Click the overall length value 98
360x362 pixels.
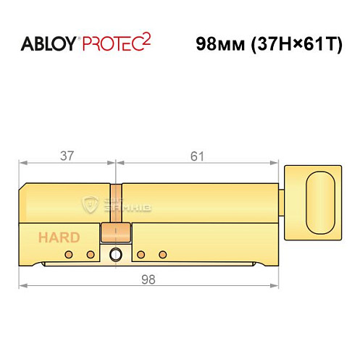pyautogui.click(x=148, y=278)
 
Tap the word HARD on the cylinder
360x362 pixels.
pyautogui.click(x=55, y=237)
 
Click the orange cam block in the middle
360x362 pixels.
pyautogui.click(x=116, y=232)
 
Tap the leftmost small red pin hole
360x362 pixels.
pyautogui.click(x=67, y=254)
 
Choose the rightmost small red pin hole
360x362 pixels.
pyautogui.click(x=163, y=254)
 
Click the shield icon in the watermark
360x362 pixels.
pyautogui.click(x=92, y=206)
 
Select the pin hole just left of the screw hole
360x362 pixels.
pyautogui.click(x=91, y=254)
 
